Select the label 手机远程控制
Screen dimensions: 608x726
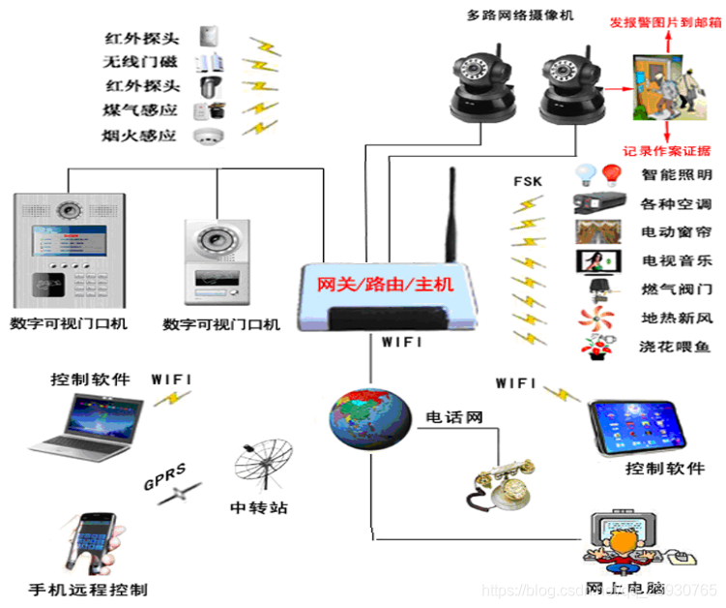coord(88,589)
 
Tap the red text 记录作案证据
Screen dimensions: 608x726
coord(666,149)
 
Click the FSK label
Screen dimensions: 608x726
coord(529,181)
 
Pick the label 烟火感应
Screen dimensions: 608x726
coord(139,136)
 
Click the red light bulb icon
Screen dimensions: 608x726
coord(611,175)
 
